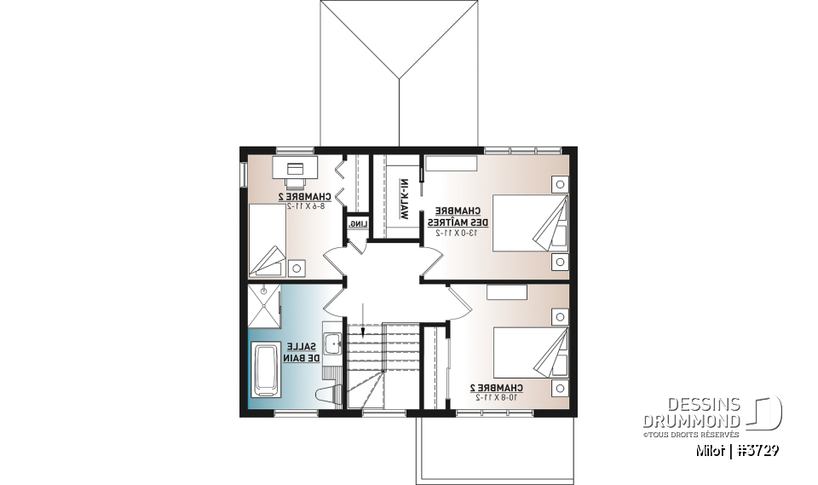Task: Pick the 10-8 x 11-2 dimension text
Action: [x=494, y=397]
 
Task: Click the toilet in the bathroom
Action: [x=326, y=394]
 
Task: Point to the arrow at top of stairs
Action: [x=364, y=318]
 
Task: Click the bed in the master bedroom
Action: [x=528, y=222]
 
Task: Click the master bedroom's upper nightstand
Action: [x=559, y=182]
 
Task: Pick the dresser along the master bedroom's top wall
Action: [x=451, y=165]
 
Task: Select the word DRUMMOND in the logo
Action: [x=691, y=421]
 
